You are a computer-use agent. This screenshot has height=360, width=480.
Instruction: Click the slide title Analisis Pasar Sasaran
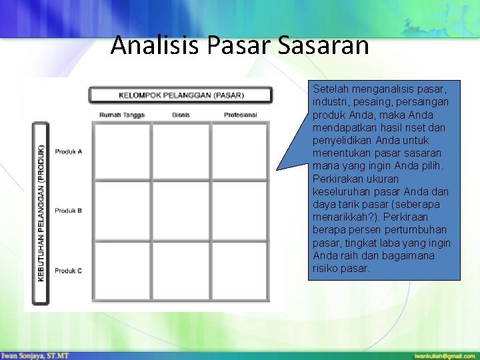[239, 45]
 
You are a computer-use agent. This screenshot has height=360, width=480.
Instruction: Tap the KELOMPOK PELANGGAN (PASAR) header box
[181, 95]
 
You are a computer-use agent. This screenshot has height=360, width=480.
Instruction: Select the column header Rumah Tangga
[122, 115]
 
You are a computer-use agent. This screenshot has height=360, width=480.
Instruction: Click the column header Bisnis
[181, 115]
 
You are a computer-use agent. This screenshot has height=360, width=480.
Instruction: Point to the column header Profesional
[240, 115]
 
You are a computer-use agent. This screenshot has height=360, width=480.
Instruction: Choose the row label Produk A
[69, 152]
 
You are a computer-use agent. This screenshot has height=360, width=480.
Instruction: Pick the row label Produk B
[69, 211]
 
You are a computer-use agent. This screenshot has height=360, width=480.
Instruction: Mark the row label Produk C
[69, 271]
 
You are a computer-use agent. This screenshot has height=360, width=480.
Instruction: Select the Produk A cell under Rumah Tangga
[122, 151]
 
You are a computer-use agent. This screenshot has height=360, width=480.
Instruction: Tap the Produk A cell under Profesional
[239, 151]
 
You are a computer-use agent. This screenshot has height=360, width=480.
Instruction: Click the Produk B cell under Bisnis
[181, 211]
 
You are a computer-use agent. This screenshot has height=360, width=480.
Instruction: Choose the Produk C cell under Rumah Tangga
[122, 270]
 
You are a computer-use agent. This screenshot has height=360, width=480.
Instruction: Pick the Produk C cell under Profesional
[239, 270]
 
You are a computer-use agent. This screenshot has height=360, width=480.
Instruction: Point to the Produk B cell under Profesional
[239, 211]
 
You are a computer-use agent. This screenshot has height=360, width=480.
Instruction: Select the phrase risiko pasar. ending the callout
[341, 268]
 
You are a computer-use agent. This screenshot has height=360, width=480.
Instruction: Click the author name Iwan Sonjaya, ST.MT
[35, 355]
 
